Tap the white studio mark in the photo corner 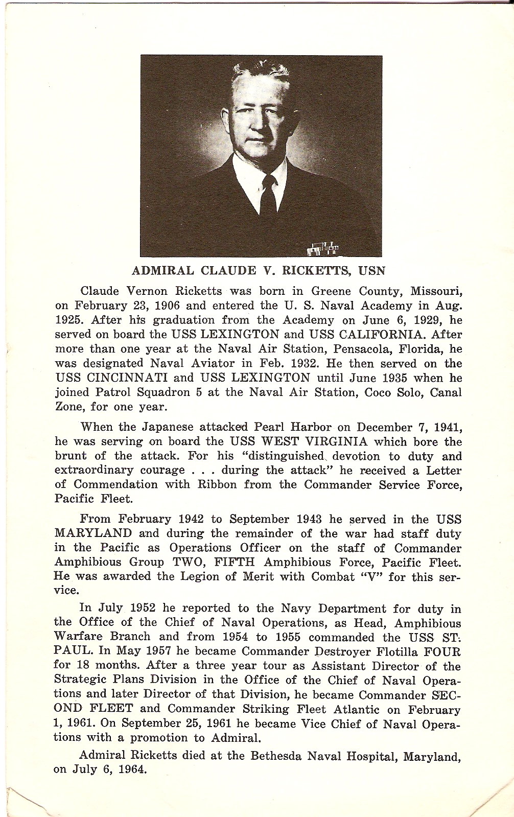point(323,249)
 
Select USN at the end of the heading point(371,270)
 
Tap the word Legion point(198,576)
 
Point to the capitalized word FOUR point(442,652)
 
